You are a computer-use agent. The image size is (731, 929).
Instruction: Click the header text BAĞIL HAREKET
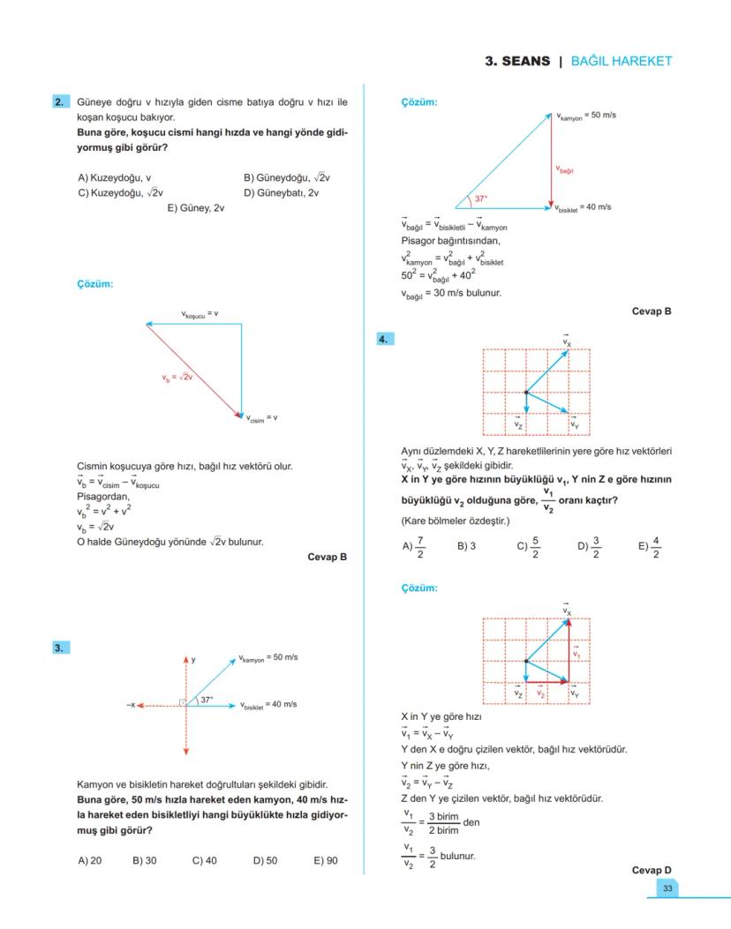[622, 61]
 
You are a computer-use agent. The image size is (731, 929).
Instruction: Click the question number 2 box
[59, 102]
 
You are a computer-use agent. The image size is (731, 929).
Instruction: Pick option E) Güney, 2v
[196, 208]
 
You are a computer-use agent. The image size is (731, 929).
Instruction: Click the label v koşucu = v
[200, 314]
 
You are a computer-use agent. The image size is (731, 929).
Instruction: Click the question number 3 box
[59, 648]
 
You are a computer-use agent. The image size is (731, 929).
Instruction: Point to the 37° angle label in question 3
[207, 699]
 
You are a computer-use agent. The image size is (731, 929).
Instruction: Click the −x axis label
[131, 705]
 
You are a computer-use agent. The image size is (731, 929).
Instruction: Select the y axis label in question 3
[193, 659]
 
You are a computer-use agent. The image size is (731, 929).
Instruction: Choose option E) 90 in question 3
[325, 860]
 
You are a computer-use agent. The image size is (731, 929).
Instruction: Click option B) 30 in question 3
[144, 860]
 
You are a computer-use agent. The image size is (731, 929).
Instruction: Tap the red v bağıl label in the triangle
[565, 169]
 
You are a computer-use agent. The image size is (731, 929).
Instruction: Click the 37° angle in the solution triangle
[480, 199]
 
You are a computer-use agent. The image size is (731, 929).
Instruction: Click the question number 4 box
[385, 339]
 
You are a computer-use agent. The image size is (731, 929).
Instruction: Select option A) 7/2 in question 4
[414, 546]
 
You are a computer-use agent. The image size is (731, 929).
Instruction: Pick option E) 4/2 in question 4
[649, 546]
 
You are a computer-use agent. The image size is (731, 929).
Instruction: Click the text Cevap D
[652, 870]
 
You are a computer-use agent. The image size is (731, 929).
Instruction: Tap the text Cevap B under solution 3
[652, 311]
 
